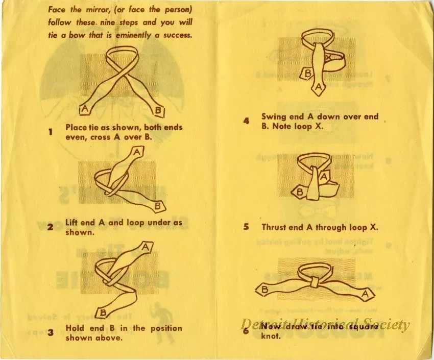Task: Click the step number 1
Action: click(51, 132)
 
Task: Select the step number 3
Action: click(51, 333)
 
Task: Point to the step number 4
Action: click(246, 121)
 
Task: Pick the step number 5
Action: click(246, 227)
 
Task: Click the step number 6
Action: click(246, 331)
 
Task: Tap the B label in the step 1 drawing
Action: click(158, 110)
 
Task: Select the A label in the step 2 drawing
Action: click(137, 152)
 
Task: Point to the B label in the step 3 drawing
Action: click(103, 312)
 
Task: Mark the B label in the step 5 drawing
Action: click(300, 193)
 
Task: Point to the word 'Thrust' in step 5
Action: click(276, 227)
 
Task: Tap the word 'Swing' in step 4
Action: click(275, 116)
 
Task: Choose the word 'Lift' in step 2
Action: click(73, 223)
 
